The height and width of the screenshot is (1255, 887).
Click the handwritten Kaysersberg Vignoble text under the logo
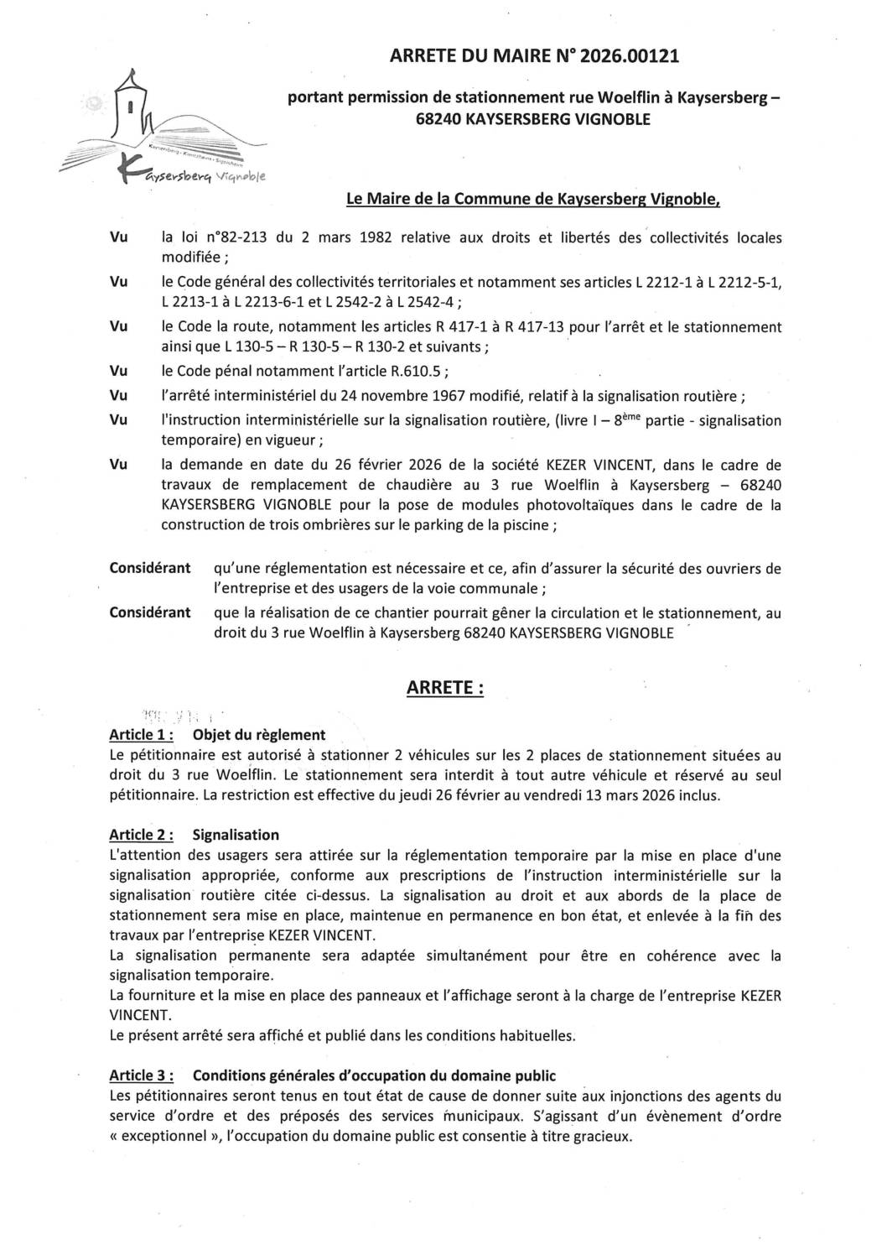[193, 177]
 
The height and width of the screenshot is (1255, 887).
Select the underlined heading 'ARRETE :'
[444, 688]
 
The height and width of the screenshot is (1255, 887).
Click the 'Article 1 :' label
[142, 735]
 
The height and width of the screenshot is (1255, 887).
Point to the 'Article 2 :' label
[142, 835]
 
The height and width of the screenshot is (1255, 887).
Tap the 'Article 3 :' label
[142, 1075]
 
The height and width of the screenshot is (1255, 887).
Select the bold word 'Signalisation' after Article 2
[236, 835]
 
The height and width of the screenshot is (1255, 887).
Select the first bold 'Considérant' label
[150, 568]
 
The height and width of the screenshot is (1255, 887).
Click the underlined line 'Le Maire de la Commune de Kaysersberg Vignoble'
[532, 199]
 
